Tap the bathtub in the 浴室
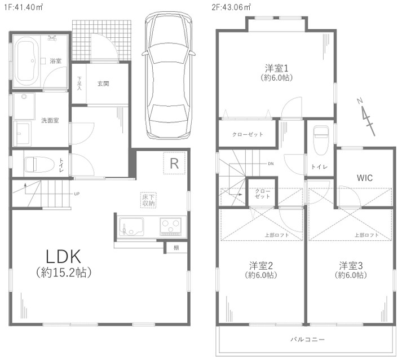click(x=26, y=61)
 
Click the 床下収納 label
click(x=148, y=199)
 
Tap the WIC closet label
click(x=364, y=177)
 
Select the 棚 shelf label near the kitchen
click(x=176, y=247)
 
